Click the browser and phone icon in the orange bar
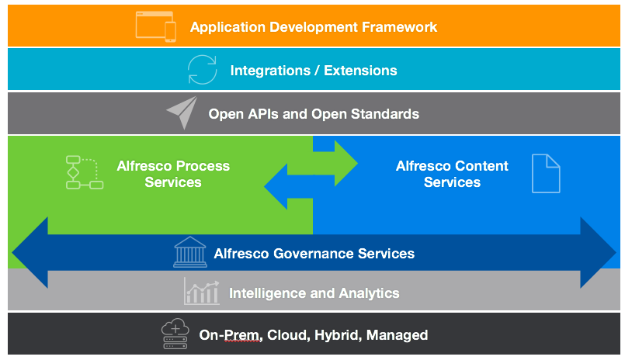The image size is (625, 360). click(x=156, y=26)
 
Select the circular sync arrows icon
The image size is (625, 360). click(x=203, y=70)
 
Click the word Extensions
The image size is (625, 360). click(x=360, y=71)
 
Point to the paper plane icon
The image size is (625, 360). click(x=182, y=112)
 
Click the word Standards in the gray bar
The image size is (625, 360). click(x=384, y=114)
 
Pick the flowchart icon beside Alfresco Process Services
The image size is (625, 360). click(x=85, y=172)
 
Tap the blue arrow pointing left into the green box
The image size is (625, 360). click(x=288, y=186)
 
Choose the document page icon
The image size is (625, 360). click(x=546, y=174)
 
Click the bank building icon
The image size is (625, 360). click(x=190, y=251)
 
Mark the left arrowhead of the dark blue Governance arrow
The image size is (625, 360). click(x=30, y=252)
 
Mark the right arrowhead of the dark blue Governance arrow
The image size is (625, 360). click(x=598, y=252)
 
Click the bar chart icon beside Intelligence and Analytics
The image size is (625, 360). click(x=202, y=292)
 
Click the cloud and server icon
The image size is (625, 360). click(x=175, y=334)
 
